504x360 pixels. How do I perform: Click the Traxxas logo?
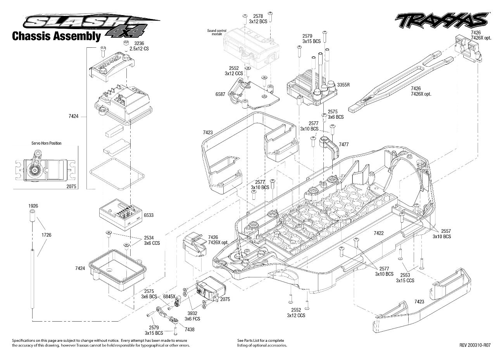441,20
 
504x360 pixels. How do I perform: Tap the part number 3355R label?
343,84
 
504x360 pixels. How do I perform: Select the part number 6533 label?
148,215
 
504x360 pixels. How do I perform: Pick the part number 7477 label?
343,144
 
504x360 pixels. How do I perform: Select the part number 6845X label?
169,296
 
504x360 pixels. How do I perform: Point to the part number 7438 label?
190,329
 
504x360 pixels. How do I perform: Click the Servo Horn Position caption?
46,143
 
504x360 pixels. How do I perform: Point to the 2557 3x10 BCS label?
442,234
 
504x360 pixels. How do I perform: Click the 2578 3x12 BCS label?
258,19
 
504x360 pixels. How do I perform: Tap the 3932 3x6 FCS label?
192,316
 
